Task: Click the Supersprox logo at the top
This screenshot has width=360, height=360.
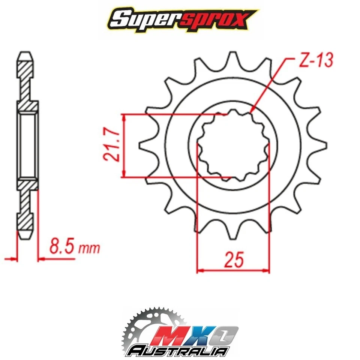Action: (x=180, y=18)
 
